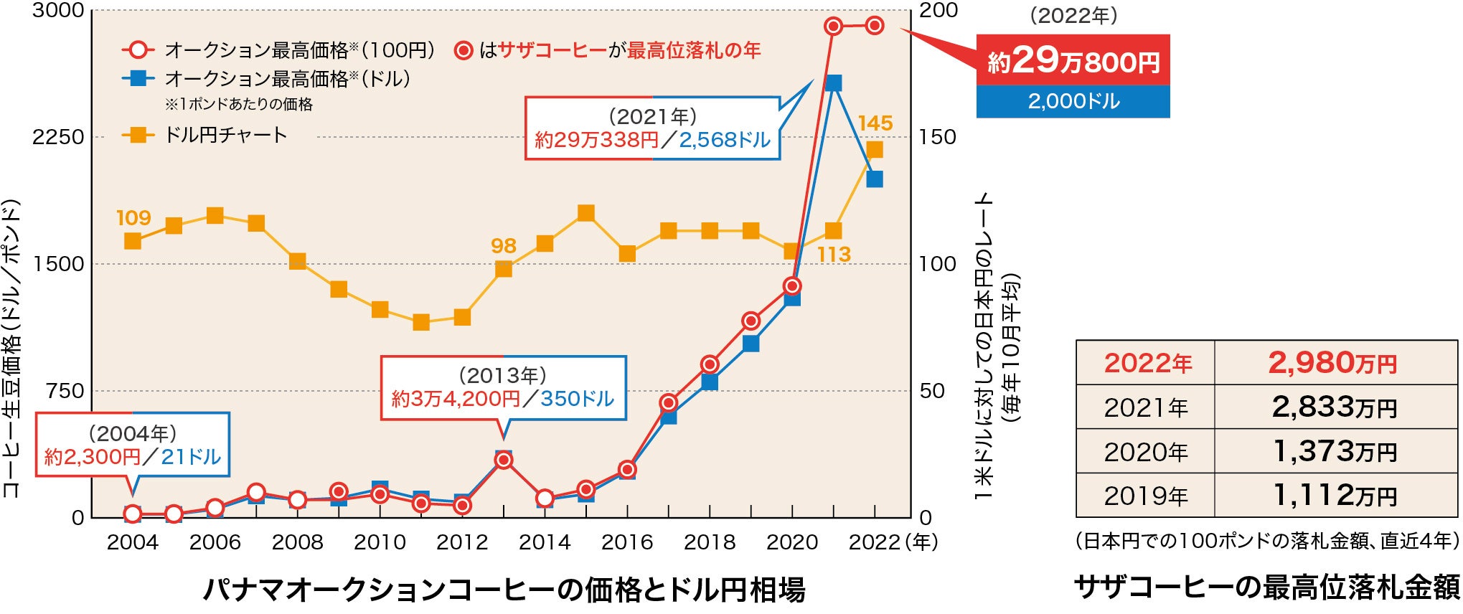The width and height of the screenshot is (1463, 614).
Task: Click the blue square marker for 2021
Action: tap(833, 83)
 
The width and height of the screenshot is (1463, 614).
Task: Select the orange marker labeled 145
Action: tap(875, 149)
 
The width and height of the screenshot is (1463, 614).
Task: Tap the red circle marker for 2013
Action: tap(504, 460)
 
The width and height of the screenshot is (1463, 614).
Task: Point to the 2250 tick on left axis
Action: tap(58, 136)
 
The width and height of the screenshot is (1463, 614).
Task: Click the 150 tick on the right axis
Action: tap(938, 136)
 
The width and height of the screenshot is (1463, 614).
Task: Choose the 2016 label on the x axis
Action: tap(627, 542)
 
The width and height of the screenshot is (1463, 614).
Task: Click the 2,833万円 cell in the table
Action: tap(1335, 407)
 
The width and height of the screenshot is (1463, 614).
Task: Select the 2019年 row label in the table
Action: tap(1146, 496)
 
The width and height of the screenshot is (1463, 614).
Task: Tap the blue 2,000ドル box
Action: tap(1073, 102)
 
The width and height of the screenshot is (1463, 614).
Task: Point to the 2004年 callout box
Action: tap(133, 445)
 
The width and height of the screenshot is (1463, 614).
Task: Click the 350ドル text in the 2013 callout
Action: tap(578, 399)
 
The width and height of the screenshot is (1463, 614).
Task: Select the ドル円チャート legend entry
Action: tap(226, 135)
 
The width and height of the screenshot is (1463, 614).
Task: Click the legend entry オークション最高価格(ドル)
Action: tap(287, 78)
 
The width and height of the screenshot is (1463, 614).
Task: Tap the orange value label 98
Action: tap(504, 246)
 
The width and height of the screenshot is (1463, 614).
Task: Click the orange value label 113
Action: tap(834, 255)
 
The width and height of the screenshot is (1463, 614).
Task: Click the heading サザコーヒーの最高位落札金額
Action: tap(1267, 587)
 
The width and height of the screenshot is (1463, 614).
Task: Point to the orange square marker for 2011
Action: tap(421, 322)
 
